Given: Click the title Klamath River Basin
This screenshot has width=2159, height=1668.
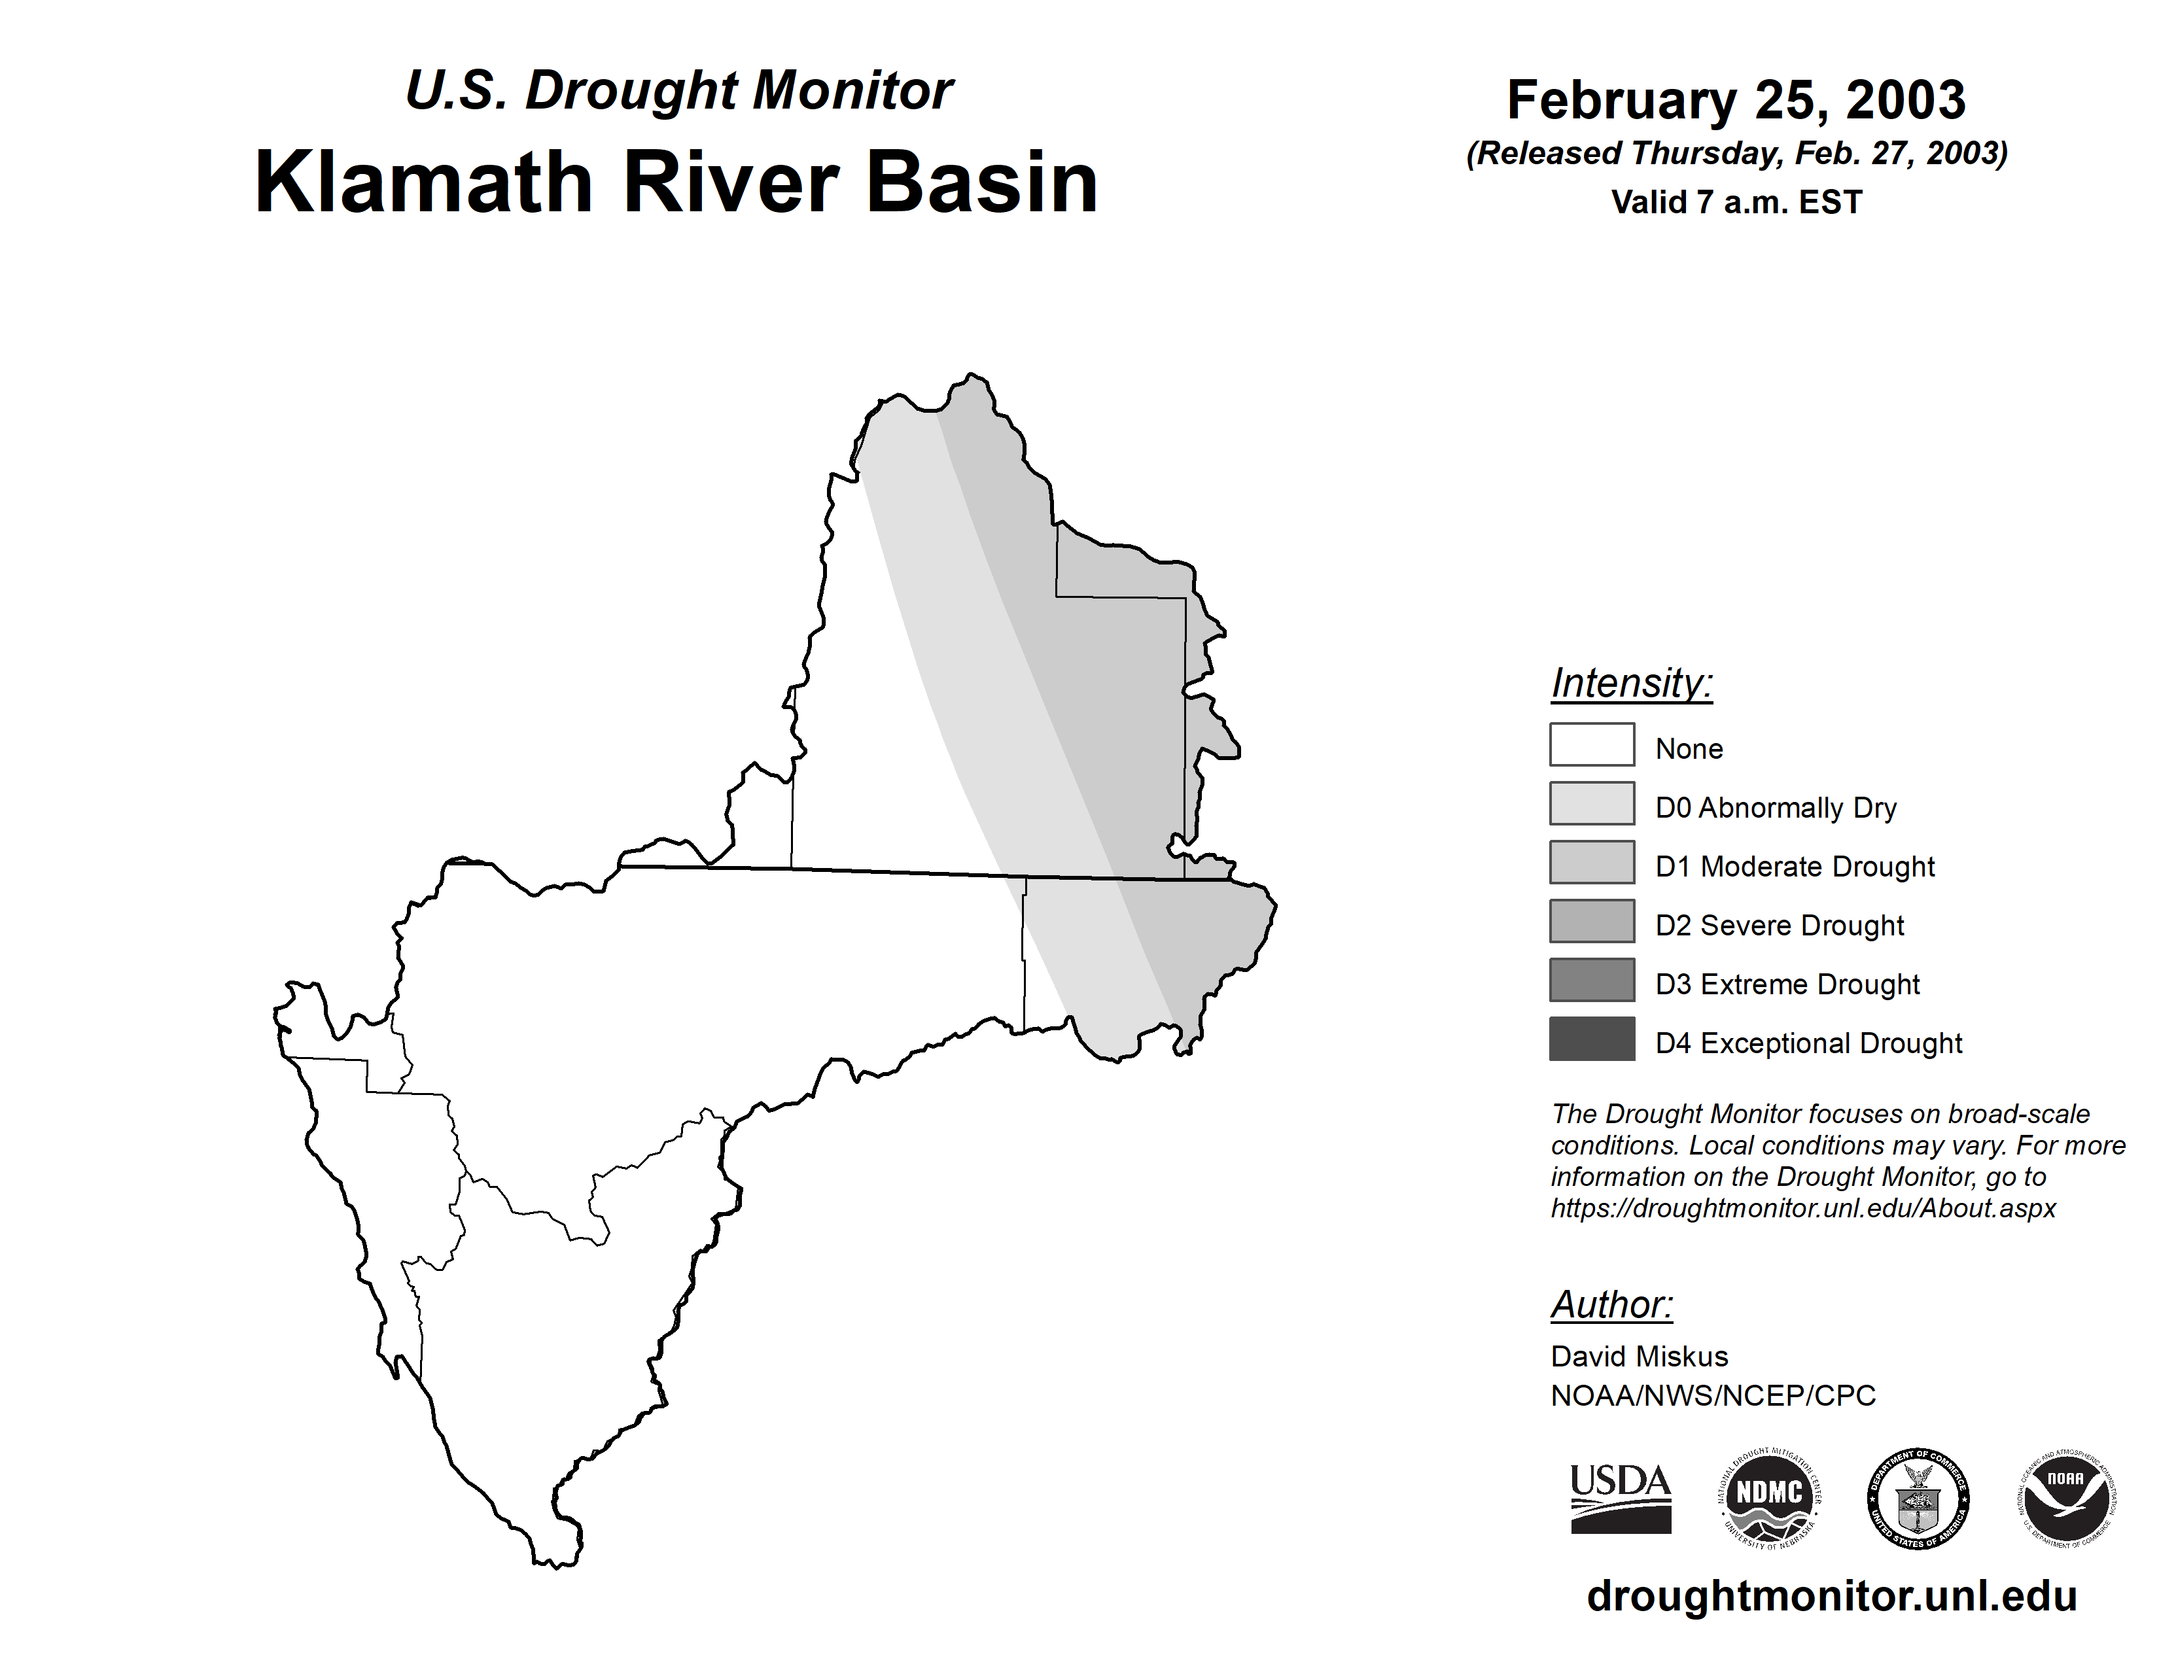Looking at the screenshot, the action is (676, 182).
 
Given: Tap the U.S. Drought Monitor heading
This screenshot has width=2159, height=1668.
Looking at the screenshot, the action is (679, 91).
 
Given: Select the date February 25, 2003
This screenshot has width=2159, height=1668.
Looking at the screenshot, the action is (1736, 100).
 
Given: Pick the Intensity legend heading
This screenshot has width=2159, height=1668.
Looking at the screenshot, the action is (1631, 683).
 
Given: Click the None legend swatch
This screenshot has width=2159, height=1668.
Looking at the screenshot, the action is (1592, 744).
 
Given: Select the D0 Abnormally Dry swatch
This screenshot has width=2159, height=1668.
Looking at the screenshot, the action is (1592, 803).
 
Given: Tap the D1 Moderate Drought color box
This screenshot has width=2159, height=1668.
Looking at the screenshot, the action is (1592, 861).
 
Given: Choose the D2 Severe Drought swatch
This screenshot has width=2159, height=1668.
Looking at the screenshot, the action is (1592, 921).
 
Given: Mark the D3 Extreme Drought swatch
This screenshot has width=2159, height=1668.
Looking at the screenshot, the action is (1592, 979).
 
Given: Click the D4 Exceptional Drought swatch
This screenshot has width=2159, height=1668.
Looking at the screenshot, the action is (1592, 1039).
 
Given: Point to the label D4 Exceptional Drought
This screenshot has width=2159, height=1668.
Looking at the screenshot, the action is (1808, 1043).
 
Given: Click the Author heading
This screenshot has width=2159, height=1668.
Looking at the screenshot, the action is (1611, 1304).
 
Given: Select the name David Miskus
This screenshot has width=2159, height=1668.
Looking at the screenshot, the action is (1639, 1356).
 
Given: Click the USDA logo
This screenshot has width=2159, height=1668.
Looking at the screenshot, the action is (1621, 1498).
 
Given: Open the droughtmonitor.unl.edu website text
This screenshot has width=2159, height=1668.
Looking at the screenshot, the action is (1832, 1596).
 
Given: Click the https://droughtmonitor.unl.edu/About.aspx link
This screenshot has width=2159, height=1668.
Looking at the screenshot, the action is (1803, 1209).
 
